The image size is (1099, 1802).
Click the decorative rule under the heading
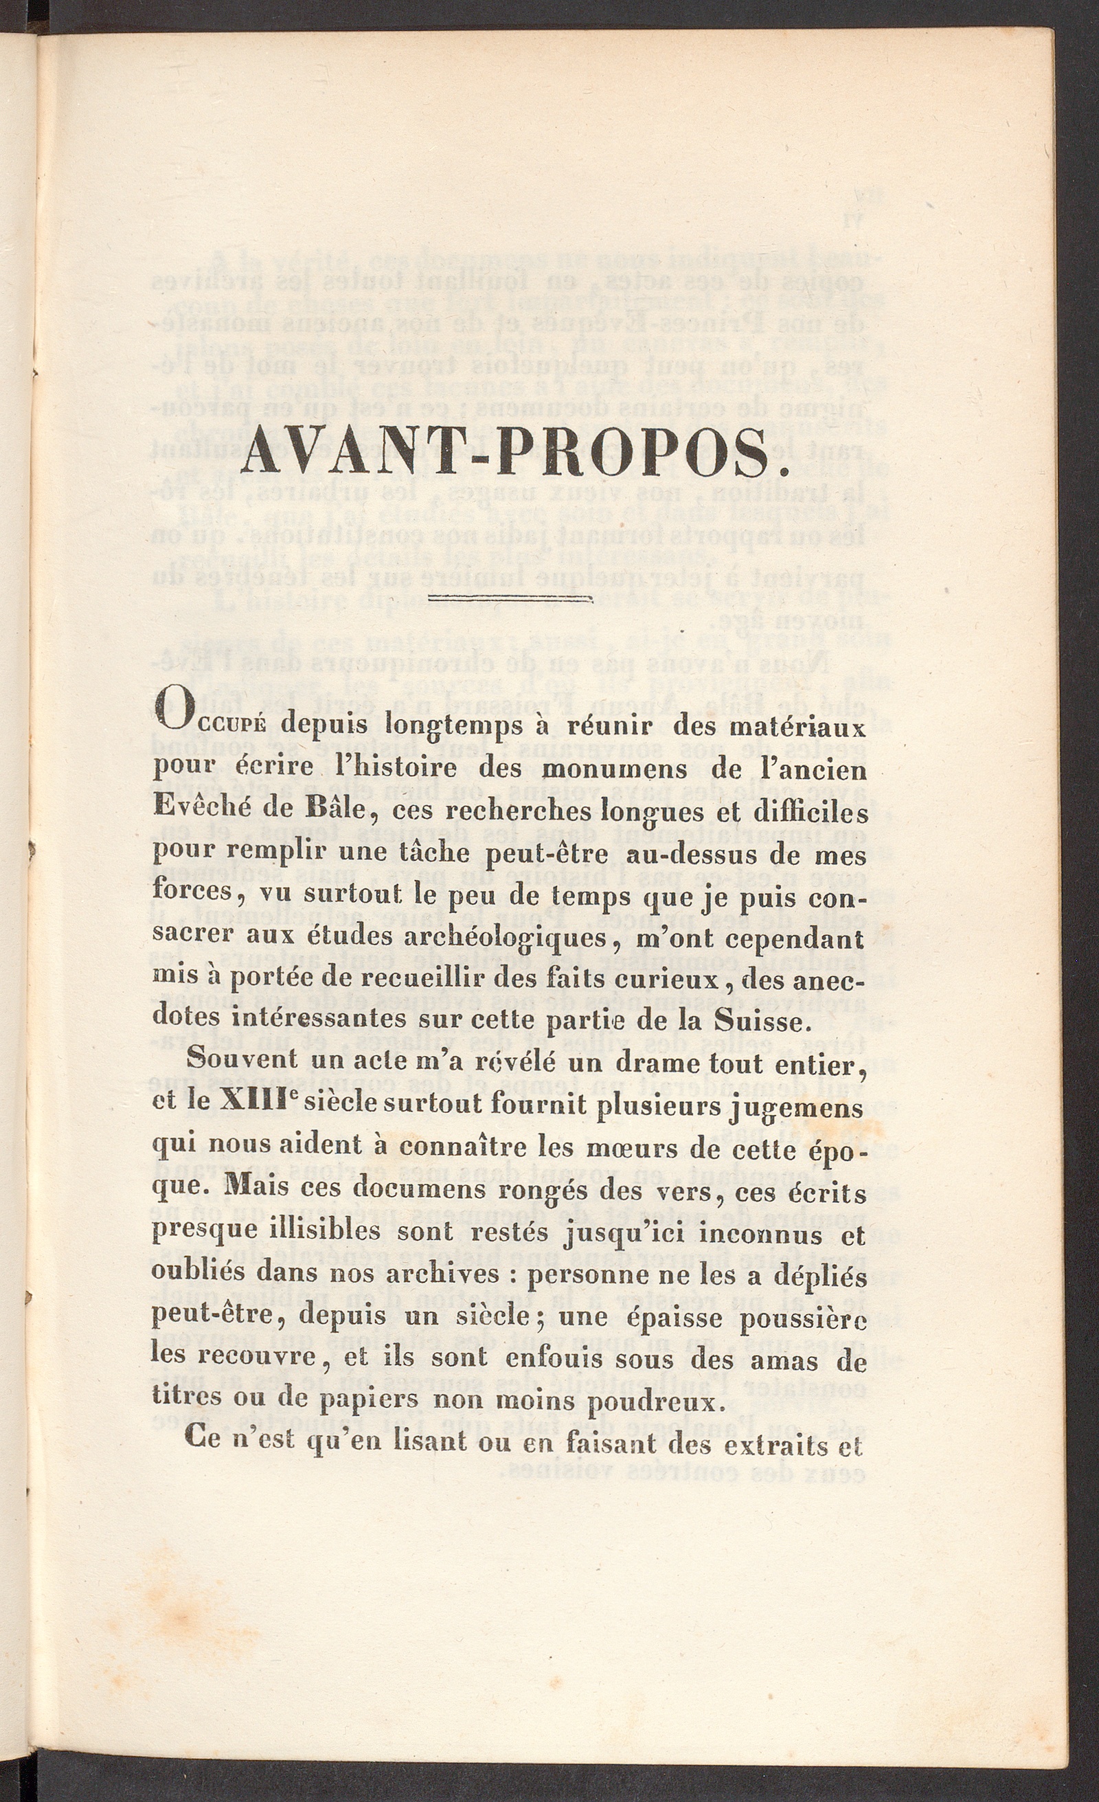pyautogui.click(x=510, y=600)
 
